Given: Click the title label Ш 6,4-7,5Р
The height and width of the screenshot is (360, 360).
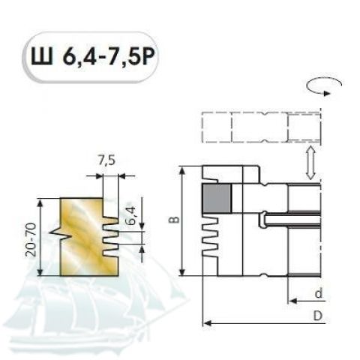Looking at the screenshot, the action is pos(93,56).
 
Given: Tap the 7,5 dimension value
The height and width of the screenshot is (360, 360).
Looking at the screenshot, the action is pos(106,160).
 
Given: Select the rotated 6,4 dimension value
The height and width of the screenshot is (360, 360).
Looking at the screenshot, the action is pos(133,215).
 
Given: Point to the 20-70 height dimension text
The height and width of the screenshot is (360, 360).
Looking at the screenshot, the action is pos(31,239).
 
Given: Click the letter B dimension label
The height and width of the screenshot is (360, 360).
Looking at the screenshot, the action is pos(176,220).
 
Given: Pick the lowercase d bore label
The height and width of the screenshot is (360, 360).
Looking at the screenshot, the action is pos(318,293).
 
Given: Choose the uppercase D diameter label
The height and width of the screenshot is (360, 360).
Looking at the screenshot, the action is pos(318,316).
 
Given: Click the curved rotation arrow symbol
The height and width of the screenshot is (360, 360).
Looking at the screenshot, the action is pos(323,85).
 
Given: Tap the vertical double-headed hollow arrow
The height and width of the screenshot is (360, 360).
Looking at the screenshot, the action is pos(310,163).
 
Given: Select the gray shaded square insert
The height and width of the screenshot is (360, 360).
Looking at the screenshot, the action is pos(217,199).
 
